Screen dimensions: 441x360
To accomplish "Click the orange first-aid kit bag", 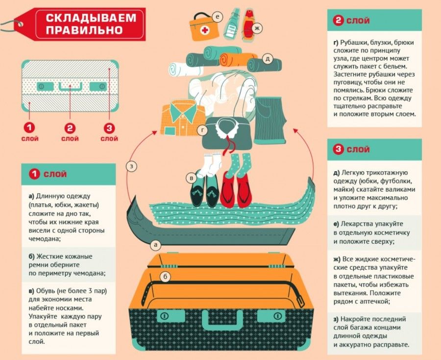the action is point(204,27).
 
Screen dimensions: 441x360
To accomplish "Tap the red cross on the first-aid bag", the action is point(205,30).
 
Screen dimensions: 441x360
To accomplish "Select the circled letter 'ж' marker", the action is point(256,28).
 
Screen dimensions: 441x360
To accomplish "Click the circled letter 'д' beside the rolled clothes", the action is point(268,58).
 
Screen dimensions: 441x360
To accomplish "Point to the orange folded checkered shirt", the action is point(182,118).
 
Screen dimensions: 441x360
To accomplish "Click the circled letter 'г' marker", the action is point(202,130).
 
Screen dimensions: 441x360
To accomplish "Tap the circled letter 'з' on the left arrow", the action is point(131,166).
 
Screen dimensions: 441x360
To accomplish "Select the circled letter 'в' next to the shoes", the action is point(192,178).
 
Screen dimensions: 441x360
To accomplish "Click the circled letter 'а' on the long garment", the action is point(155,245).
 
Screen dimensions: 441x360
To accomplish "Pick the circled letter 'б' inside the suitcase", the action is point(166,277).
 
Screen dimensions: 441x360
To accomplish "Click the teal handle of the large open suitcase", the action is point(222,320).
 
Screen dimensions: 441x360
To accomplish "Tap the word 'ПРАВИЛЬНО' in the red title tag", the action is point(84,30).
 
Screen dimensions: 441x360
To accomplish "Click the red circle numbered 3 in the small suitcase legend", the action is point(109,129).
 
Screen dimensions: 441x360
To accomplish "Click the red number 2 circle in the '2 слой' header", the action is point(338,21).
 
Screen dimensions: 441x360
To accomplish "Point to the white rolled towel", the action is point(185,70).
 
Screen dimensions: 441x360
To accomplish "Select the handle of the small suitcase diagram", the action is point(70,87).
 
